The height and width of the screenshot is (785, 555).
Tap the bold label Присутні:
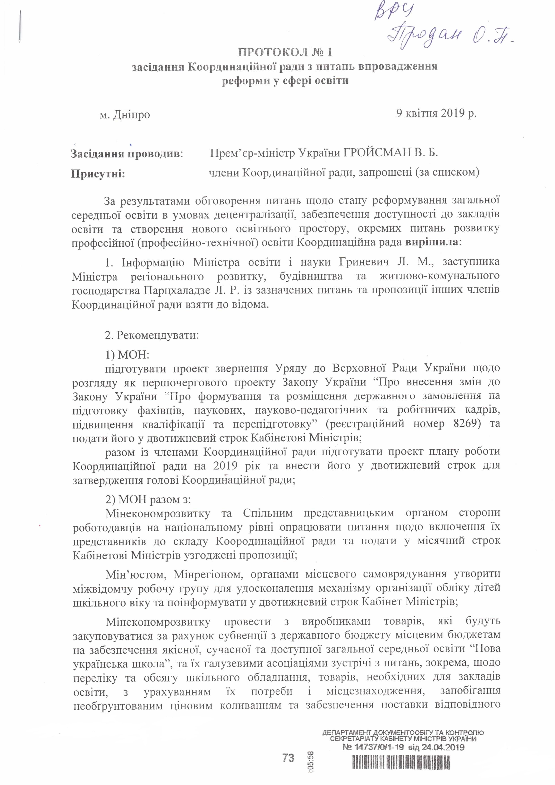click(98, 174)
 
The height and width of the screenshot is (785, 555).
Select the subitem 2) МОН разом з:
click(148, 499)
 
